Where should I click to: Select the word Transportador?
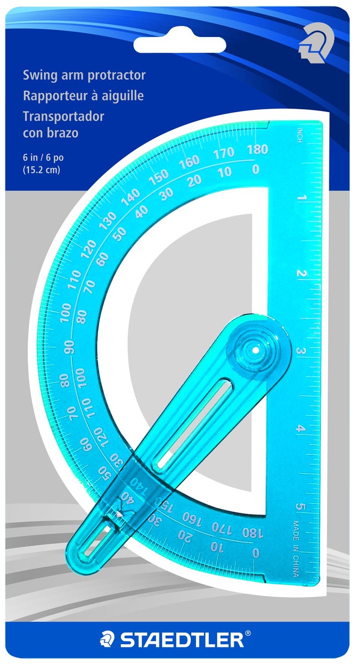63,116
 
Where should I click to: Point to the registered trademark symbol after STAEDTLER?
248,634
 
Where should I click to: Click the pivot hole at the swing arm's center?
256,350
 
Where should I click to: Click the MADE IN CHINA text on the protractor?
296,548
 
